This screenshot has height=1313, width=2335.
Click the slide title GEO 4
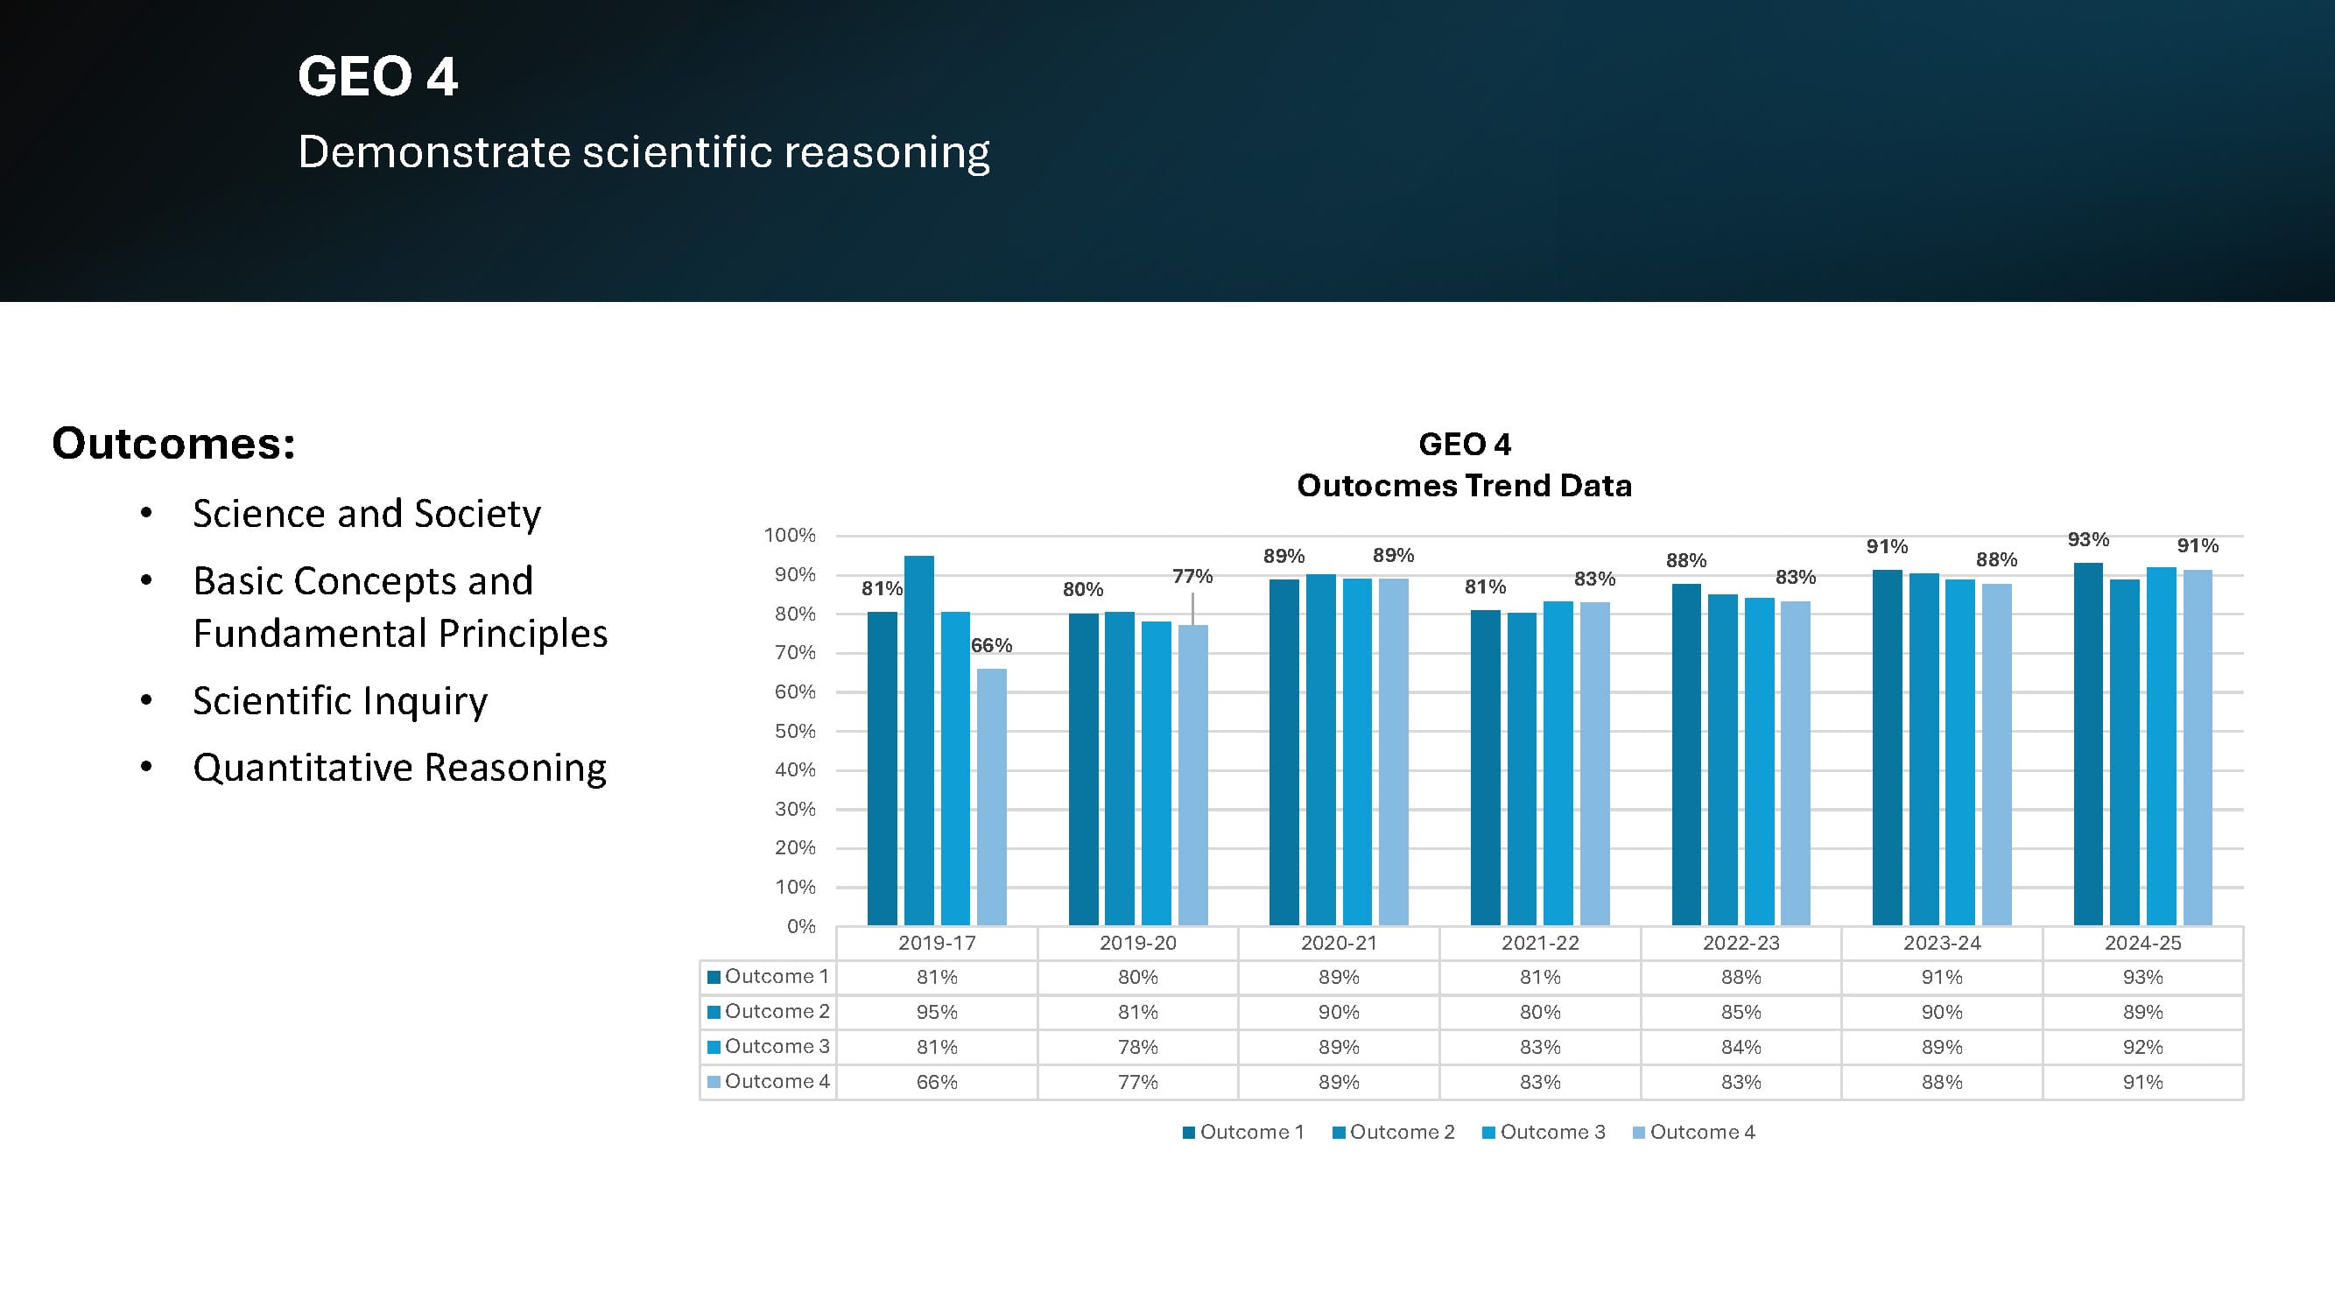pyautogui.click(x=377, y=76)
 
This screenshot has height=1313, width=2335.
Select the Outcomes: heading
pyautogui.click(x=173, y=443)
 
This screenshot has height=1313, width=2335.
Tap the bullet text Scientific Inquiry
pyautogui.click(x=340, y=700)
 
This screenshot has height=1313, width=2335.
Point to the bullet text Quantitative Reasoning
pyautogui.click(x=399, y=768)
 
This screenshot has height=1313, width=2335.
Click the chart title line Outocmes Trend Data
pyautogui.click(x=1464, y=486)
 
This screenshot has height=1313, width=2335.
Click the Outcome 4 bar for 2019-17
pyautogui.click(x=992, y=797)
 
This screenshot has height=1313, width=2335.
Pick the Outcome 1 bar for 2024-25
pyautogui.click(x=2087, y=743)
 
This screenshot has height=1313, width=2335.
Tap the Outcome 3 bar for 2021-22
pyautogui.click(x=1558, y=763)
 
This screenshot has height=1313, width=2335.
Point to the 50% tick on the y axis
pyautogui.click(x=795, y=731)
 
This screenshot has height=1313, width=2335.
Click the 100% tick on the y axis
pyautogui.click(x=790, y=536)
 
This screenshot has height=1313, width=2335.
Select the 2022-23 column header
pyautogui.click(x=1741, y=943)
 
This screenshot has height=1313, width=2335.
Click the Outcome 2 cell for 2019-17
pyautogui.click(x=936, y=1012)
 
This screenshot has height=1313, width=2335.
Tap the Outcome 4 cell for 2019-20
pyautogui.click(x=1137, y=1082)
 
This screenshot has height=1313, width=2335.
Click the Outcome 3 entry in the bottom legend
pyautogui.click(x=1544, y=1132)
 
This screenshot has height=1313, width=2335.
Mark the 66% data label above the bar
pyautogui.click(x=991, y=645)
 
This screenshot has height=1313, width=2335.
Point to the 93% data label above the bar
pyautogui.click(x=2087, y=540)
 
